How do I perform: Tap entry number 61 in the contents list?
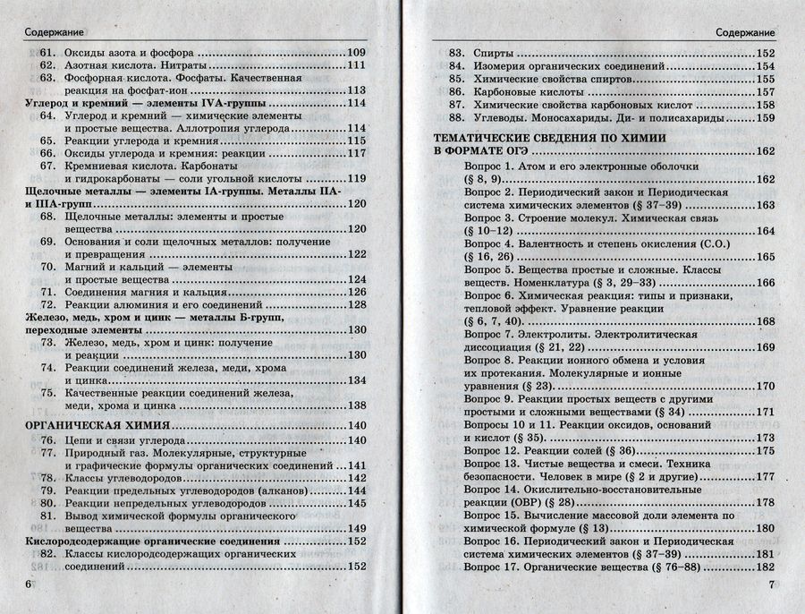coord(47,53)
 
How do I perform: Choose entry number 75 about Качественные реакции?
coord(47,392)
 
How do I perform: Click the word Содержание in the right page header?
coord(746,32)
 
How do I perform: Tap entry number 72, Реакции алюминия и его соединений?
coord(47,304)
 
